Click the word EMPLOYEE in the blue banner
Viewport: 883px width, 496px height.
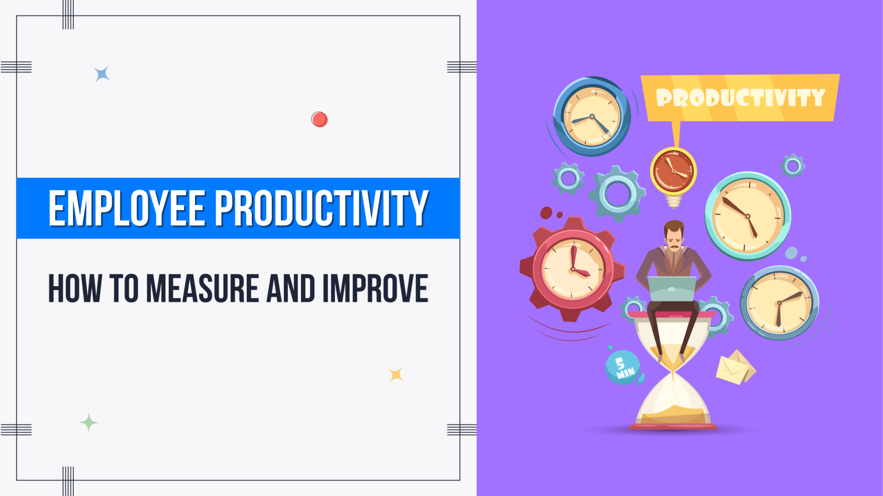[x=127, y=209]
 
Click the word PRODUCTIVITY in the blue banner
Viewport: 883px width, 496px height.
[x=321, y=209]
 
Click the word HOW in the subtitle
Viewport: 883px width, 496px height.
[x=75, y=288]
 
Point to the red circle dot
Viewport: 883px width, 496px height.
[x=319, y=119]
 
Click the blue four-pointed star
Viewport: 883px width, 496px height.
[x=102, y=74]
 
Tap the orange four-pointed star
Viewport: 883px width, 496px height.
[x=396, y=374]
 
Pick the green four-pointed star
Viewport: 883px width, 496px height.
[x=88, y=422]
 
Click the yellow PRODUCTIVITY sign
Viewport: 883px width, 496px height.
[x=739, y=98]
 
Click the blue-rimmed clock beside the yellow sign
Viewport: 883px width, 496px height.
[x=592, y=117]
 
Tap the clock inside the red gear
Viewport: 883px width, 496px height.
[x=573, y=269]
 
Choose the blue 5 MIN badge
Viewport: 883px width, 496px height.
[x=623, y=367]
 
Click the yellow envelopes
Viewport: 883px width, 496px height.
[x=735, y=367]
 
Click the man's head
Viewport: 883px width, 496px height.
[x=673, y=235]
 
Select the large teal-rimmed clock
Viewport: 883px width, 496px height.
[x=748, y=216]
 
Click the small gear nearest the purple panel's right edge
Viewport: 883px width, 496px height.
[x=792, y=166]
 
